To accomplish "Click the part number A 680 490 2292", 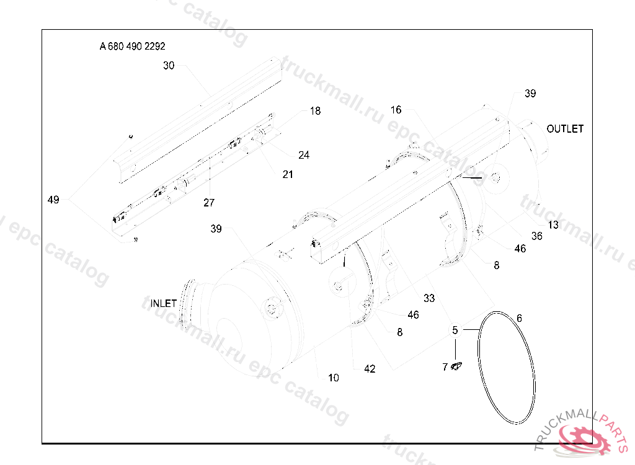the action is pyautogui.click(x=132, y=46).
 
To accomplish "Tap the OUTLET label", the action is pyautogui.click(x=565, y=129).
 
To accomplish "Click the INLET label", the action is pyautogui.click(x=164, y=303).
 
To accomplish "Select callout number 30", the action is pyautogui.click(x=169, y=65).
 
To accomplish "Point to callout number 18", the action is pyautogui.click(x=316, y=111).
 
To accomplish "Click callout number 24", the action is pyautogui.click(x=304, y=155).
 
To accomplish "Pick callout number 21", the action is pyautogui.click(x=288, y=174).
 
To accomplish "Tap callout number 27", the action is pyautogui.click(x=209, y=203).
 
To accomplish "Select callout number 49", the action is pyautogui.click(x=53, y=199).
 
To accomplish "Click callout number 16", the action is pyautogui.click(x=396, y=110).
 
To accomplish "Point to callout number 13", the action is pyautogui.click(x=553, y=224).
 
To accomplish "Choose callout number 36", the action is pyautogui.click(x=537, y=236).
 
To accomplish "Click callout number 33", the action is pyautogui.click(x=429, y=297).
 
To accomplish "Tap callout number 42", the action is pyautogui.click(x=370, y=368).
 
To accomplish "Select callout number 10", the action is pyautogui.click(x=334, y=377).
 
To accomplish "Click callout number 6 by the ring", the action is pyautogui.click(x=519, y=318).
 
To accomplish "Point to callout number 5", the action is pyautogui.click(x=455, y=330).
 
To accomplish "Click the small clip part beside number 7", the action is pyautogui.click(x=457, y=366).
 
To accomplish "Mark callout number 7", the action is pyautogui.click(x=445, y=367).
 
